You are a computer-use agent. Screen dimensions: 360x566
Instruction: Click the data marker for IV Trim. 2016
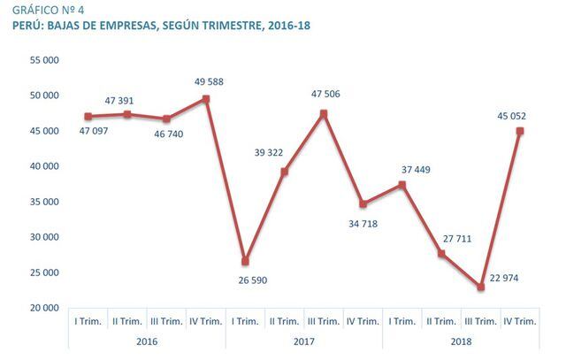(205, 99)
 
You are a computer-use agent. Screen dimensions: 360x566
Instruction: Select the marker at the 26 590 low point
(245, 262)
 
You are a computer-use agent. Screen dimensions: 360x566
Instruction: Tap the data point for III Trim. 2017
(323, 114)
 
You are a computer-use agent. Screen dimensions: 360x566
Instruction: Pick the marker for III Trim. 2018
(480, 287)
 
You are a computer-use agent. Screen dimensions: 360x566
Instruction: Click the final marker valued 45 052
(520, 131)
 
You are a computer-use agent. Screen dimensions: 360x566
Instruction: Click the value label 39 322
(285, 152)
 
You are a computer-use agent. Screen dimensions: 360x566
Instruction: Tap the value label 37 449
(403, 170)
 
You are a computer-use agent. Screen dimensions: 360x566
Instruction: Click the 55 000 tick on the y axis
(43, 60)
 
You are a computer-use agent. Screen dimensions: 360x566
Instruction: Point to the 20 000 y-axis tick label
(43, 308)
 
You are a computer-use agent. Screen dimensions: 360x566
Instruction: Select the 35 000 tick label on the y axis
(43, 202)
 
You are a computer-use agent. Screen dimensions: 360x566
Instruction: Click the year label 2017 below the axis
(303, 341)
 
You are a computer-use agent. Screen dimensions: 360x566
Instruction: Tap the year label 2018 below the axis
(461, 341)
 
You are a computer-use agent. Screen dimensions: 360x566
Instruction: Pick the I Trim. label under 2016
(88, 322)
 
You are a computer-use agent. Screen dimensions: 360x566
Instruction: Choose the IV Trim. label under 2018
(520, 322)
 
